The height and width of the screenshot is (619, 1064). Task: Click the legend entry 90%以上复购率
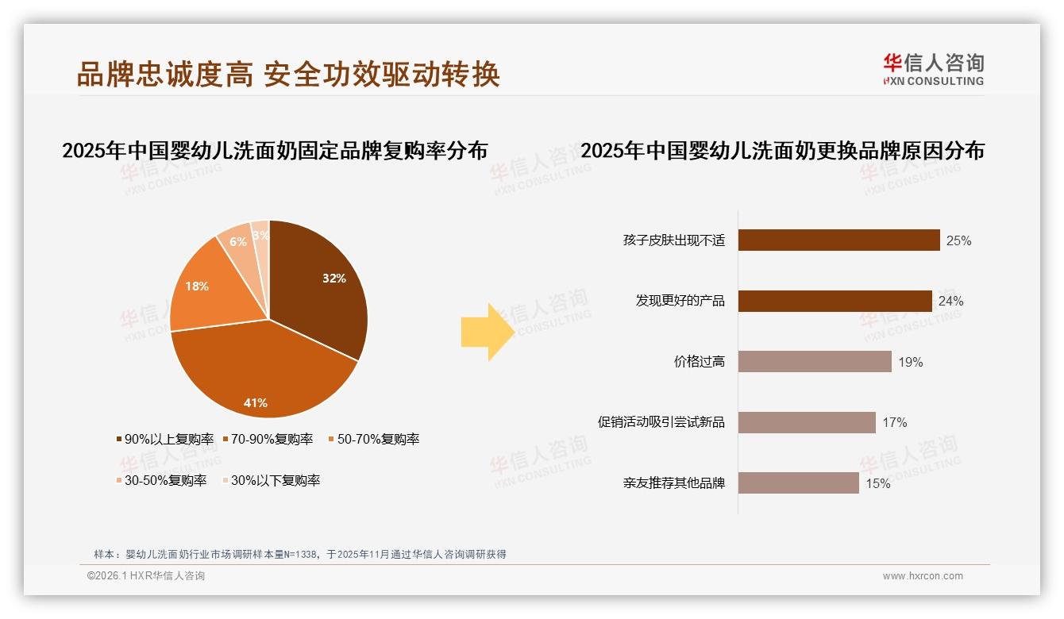(165, 439)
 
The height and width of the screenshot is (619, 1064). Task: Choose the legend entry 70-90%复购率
(268, 439)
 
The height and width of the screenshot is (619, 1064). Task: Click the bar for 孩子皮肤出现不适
(838, 240)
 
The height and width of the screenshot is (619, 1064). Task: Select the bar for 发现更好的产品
(835, 301)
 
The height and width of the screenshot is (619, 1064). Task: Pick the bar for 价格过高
(815, 362)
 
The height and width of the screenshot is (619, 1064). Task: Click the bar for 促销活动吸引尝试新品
(807, 422)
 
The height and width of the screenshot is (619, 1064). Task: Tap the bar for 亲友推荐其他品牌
(798, 483)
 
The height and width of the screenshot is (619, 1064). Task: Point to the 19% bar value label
(910, 363)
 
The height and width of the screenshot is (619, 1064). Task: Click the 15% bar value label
(877, 483)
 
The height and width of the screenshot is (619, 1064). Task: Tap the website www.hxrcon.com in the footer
(923, 576)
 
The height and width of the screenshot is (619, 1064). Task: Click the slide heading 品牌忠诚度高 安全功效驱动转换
(288, 74)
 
